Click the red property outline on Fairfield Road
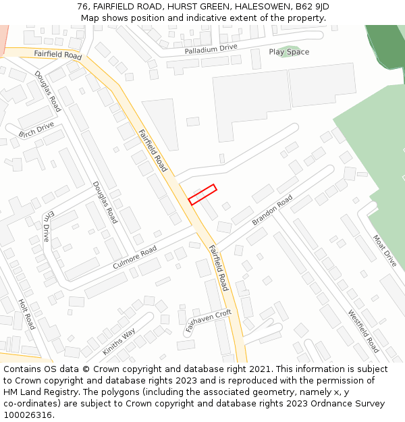click(x=202, y=194)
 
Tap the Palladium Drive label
click(x=211, y=49)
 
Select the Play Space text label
click(x=289, y=52)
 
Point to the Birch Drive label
click(x=36, y=130)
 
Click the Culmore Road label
click(x=134, y=257)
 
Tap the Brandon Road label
click(x=272, y=211)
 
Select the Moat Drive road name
click(x=385, y=250)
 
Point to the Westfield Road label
click(x=363, y=332)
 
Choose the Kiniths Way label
click(x=119, y=342)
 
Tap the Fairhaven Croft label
click(x=209, y=321)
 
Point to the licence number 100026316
click(x=27, y=415)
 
